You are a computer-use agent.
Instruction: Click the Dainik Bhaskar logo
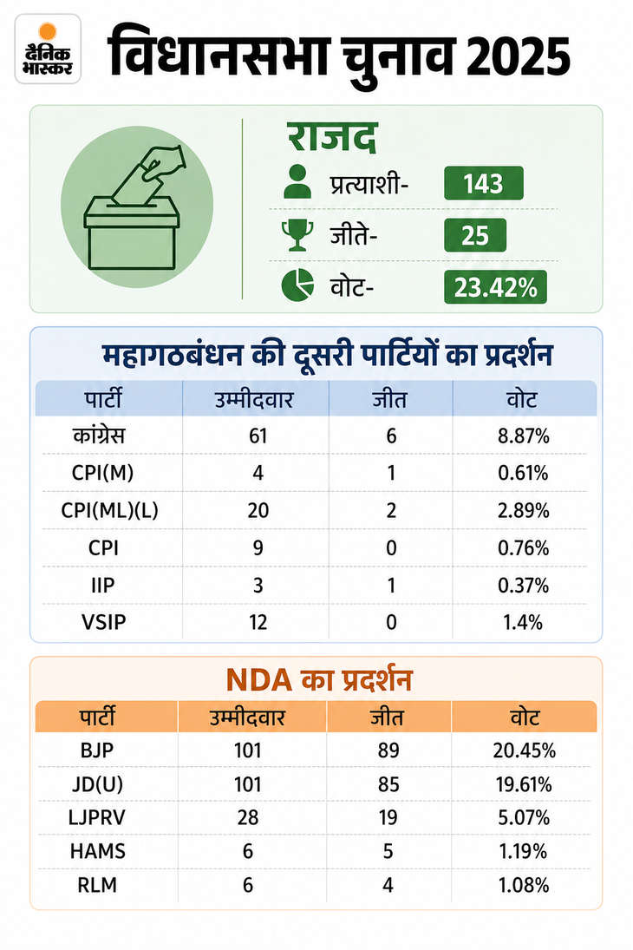[x=48, y=49]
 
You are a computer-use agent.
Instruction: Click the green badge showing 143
[x=483, y=183]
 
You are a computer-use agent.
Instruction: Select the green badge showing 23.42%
[x=495, y=287]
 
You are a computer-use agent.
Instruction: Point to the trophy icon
[x=297, y=235]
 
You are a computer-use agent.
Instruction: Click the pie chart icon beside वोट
[x=298, y=285]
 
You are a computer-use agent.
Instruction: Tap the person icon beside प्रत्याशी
[x=297, y=182]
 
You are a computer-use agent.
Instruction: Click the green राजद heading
[x=332, y=137]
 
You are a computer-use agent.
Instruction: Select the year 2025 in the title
[x=519, y=57]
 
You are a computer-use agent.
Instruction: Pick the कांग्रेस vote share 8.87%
[x=524, y=436]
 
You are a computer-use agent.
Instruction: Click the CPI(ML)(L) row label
[x=109, y=510]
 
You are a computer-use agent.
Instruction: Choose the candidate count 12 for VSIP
[x=258, y=622]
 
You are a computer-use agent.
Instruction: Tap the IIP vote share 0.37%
[x=524, y=586]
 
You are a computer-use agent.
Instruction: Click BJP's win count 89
[x=388, y=750]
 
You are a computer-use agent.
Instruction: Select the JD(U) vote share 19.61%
[x=524, y=784]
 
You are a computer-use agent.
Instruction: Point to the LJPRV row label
[x=97, y=817]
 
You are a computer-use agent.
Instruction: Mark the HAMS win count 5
[x=388, y=851]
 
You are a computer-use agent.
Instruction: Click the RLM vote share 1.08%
[x=524, y=885]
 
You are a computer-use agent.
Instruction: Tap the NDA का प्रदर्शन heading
[x=319, y=680]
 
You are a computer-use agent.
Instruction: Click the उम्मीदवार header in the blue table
[x=254, y=400]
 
